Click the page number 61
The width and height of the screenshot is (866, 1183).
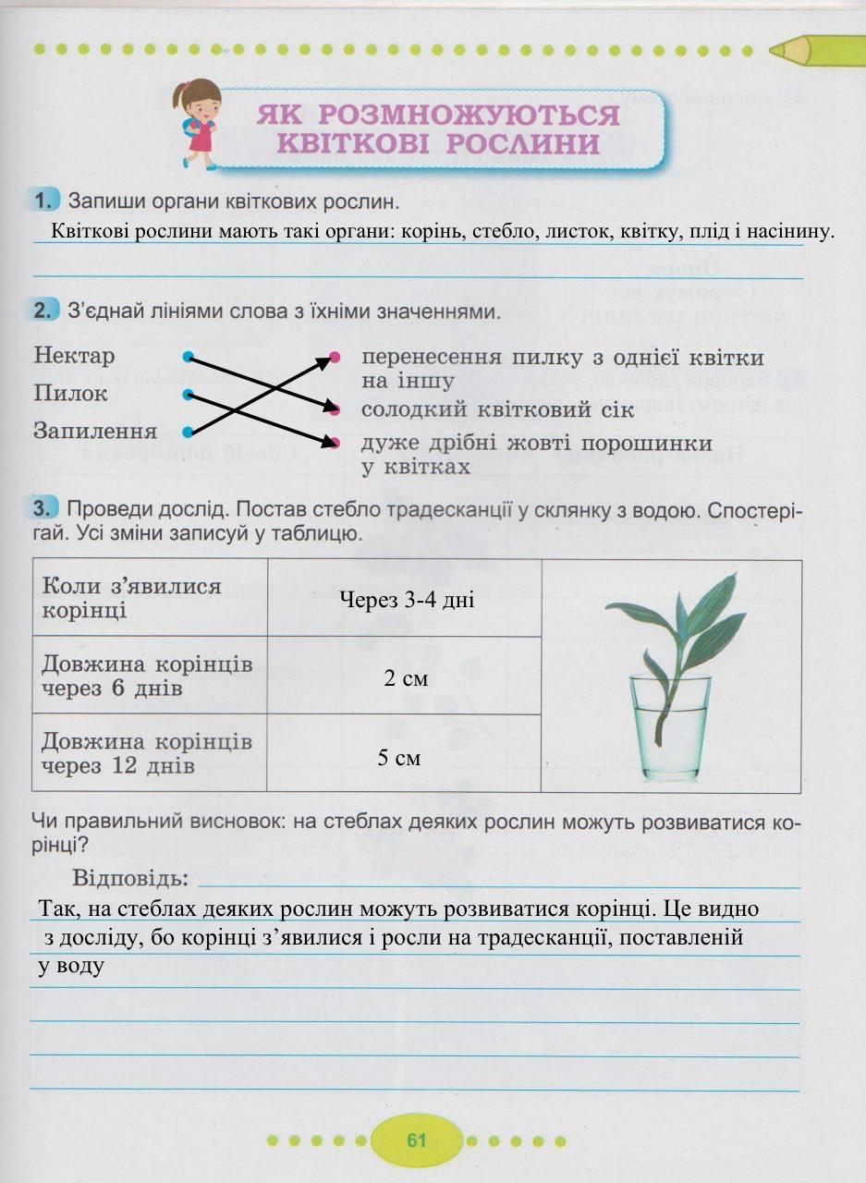coord(416,1140)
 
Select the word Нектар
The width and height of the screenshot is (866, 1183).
coord(75,356)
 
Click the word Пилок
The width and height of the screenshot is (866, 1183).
coord(71,394)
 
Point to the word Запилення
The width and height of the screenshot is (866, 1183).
coord(95,431)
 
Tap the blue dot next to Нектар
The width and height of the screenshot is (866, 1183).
coord(188,356)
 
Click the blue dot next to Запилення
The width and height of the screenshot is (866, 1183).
coord(188,432)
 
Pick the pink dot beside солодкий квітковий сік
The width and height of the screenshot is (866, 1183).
coord(335,409)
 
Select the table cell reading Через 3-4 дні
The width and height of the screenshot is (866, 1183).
coord(407,601)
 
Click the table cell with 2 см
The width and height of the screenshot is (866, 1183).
coord(407,678)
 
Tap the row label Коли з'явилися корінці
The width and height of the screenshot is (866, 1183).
coord(132,598)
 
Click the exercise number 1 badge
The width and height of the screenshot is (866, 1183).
coord(45,200)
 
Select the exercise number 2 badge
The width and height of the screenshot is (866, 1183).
coord(45,312)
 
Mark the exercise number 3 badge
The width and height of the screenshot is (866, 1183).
coord(45,508)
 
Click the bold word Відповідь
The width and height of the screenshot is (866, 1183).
coord(130,876)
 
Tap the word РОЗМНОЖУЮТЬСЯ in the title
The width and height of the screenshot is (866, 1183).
coord(438,116)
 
